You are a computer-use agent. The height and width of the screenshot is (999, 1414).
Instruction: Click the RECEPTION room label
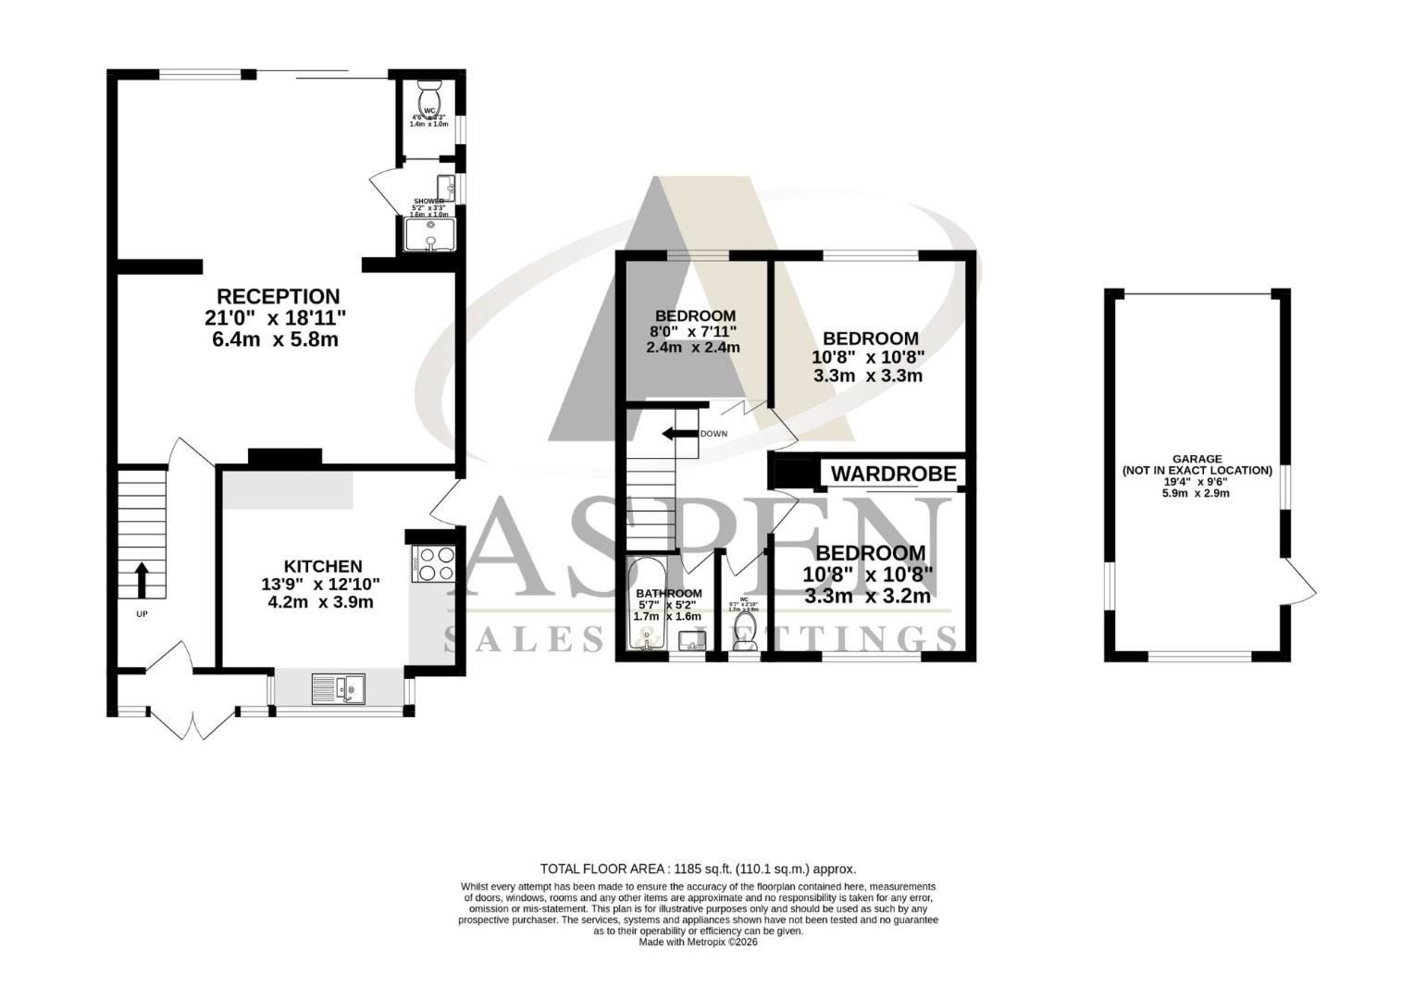[278, 297]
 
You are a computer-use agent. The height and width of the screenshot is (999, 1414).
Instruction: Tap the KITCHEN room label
[322, 566]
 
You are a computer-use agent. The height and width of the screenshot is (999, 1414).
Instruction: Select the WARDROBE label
[893, 474]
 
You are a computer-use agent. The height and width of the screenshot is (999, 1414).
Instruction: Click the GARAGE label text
[1197, 459]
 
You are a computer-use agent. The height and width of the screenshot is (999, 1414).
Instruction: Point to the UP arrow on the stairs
[142, 580]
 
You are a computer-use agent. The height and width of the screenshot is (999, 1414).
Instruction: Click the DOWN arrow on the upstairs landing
[678, 434]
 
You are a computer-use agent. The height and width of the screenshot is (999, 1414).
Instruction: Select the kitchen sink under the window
[339, 688]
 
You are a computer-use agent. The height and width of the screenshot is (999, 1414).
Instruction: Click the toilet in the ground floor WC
[430, 95]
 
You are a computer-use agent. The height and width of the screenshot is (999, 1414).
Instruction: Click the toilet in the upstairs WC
[744, 633]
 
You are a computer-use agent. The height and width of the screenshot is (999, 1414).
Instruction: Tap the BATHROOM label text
[668, 593]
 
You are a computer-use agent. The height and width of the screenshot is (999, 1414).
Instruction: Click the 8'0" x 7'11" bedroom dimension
[694, 331]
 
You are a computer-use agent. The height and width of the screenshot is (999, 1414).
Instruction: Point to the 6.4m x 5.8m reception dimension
[275, 339]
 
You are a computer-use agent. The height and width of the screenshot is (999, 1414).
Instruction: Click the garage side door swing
[1299, 583]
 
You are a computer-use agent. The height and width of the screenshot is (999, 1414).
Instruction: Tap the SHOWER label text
[428, 201]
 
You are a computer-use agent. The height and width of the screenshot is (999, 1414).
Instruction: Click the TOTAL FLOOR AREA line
[698, 869]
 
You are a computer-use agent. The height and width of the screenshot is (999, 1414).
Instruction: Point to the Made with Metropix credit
[698, 942]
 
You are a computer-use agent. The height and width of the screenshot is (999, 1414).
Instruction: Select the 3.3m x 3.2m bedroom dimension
[867, 597]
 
